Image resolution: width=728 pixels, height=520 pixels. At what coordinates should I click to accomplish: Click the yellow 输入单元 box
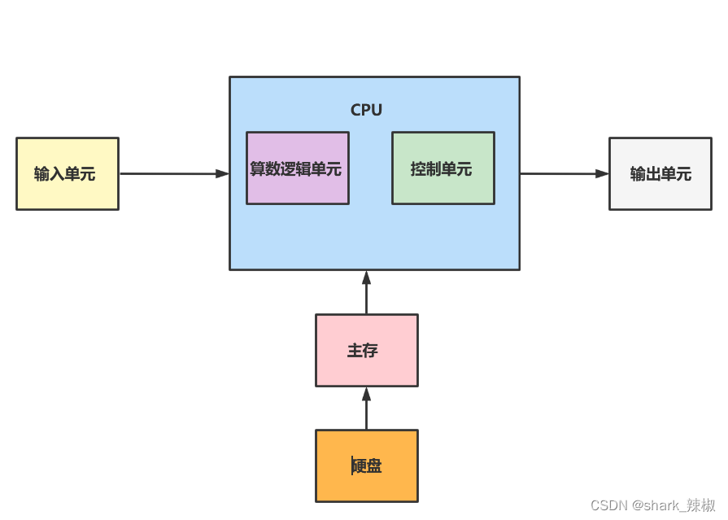pos(68,173)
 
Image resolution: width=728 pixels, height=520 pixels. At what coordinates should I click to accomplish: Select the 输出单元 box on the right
pos(660,173)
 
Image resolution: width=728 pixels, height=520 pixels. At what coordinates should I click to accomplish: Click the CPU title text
pos(366,110)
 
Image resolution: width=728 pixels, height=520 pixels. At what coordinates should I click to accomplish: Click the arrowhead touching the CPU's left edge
pos(222,173)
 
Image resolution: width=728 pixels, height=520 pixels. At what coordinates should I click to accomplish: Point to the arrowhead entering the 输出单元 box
pos(602,173)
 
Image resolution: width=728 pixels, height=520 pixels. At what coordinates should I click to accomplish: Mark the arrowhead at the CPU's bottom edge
pos(366,277)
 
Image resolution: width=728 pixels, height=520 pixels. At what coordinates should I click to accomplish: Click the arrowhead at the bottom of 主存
pos(366,394)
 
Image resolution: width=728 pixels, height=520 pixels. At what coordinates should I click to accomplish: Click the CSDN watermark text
pos(652,505)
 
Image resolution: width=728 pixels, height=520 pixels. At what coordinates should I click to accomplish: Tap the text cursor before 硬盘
pos(352,465)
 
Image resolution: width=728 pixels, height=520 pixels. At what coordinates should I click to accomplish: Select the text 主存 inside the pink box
pos(363,351)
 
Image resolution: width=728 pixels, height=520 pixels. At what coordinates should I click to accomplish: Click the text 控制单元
pos(441,169)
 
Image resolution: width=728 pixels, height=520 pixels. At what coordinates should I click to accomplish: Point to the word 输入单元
pos(65,174)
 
